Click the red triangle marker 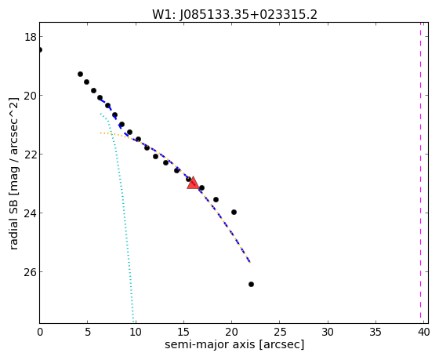point(193,183)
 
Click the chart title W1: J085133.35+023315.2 point(234,15)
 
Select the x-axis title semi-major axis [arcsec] point(234,344)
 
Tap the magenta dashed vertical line point(420,170)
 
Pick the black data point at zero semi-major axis point(40,50)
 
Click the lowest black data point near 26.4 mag point(251,285)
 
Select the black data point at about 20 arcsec point(234,212)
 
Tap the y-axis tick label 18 point(30,37)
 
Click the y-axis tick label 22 point(30,155)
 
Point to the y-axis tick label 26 point(30,272)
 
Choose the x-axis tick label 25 point(279,333)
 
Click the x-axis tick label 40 point(423,333)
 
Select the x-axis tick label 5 point(88,333)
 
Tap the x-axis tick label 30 point(328,333)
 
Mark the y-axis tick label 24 point(30,213)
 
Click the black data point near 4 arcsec point(80,75)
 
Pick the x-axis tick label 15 point(183,333)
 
